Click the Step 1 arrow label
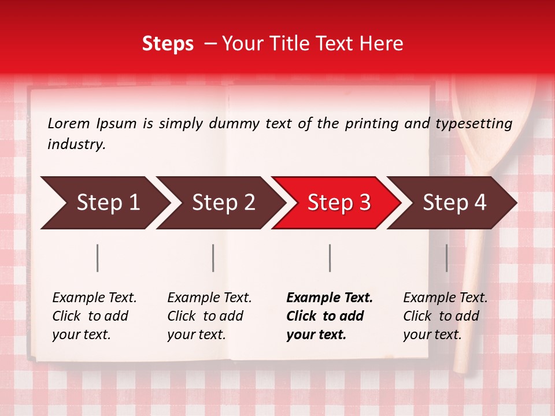[x=108, y=202]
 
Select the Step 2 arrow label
[x=224, y=202]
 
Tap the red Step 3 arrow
[x=339, y=202]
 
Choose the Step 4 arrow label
[x=454, y=202]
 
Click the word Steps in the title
[x=168, y=43]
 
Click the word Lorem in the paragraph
[x=69, y=123]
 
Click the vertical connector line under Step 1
[x=98, y=258]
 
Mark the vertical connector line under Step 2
[x=213, y=258]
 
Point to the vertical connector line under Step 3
[x=330, y=258]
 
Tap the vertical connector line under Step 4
[x=447, y=258]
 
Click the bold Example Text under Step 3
[x=330, y=298]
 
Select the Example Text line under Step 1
[x=94, y=298]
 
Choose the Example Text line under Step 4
[x=445, y=298]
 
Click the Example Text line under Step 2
[x=209, y=298]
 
